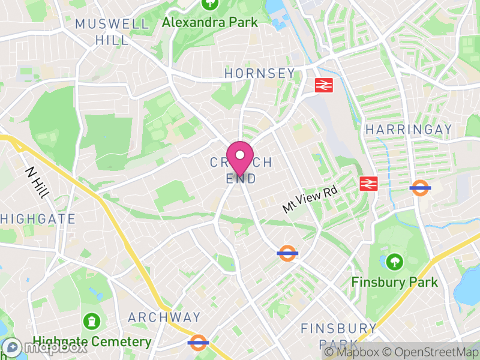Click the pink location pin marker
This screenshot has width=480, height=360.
[240, 157]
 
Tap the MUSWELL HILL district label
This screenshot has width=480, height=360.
[112, 32]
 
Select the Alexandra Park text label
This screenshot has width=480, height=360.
[210, 22]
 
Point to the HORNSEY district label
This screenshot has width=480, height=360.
[260, 73]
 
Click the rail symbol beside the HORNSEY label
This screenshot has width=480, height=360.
[324, 85]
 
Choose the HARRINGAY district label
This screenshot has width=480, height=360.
[409, 130]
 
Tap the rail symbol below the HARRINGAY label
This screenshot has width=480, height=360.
[368, 184]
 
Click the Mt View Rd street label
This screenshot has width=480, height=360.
[311, 199]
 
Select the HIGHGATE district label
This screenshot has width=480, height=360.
[38, 219]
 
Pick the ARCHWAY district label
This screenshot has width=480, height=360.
[164, 317]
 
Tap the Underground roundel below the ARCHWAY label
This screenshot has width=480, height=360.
[197, 343]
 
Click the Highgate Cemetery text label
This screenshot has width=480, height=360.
[92, 342]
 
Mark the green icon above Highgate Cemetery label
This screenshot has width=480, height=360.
[91, 321]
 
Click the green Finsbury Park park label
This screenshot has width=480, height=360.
[395, 281]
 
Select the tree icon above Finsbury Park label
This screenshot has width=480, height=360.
[394, 262]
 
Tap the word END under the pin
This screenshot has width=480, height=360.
[241, 178]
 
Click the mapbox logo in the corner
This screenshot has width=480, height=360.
[46, 346]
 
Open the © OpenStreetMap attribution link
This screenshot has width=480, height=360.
[431, 352]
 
